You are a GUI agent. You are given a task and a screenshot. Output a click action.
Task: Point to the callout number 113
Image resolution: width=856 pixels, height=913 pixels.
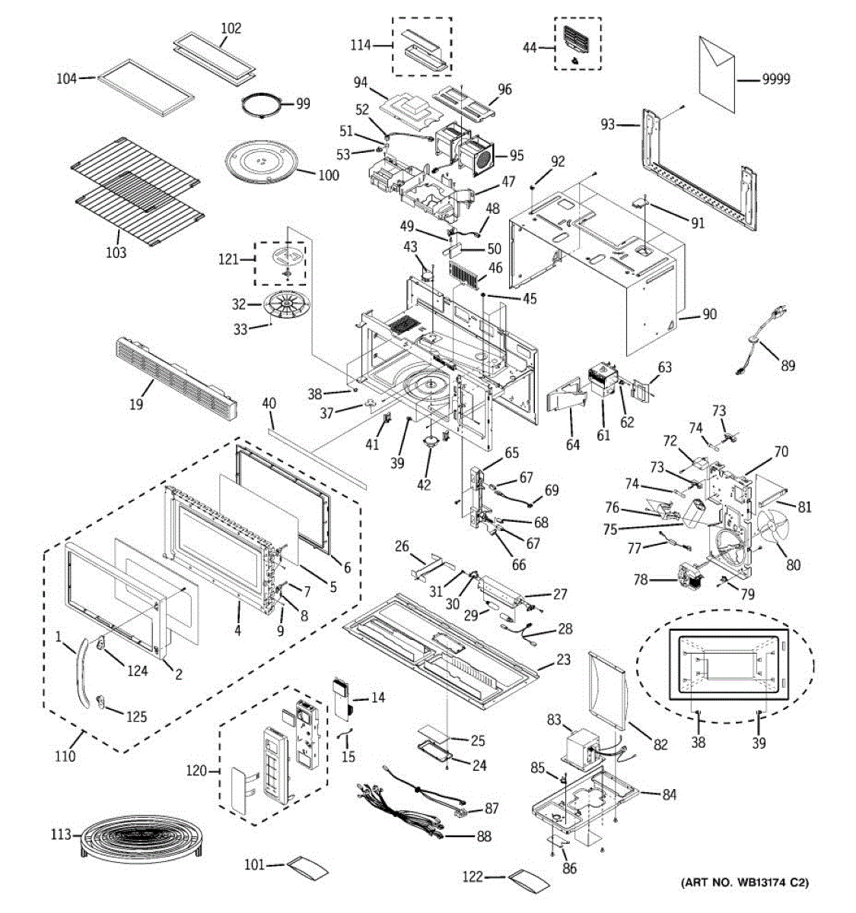(x=60, y=835)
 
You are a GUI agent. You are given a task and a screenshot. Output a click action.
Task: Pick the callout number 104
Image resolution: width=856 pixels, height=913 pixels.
(x=67, y=78)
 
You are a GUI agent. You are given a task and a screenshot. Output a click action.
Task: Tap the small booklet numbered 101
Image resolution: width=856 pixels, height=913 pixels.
(x=305, y=867)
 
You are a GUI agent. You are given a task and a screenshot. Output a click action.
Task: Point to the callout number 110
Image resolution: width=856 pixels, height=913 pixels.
(x=65, y=756)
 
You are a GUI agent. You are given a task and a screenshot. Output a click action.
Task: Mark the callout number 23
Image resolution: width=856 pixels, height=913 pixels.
(x=562, y=660)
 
